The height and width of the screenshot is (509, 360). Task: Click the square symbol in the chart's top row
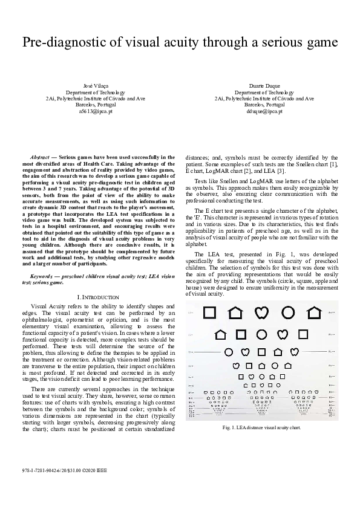[x=209, y=313]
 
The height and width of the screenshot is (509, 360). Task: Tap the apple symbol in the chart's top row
[x=262, y=313]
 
